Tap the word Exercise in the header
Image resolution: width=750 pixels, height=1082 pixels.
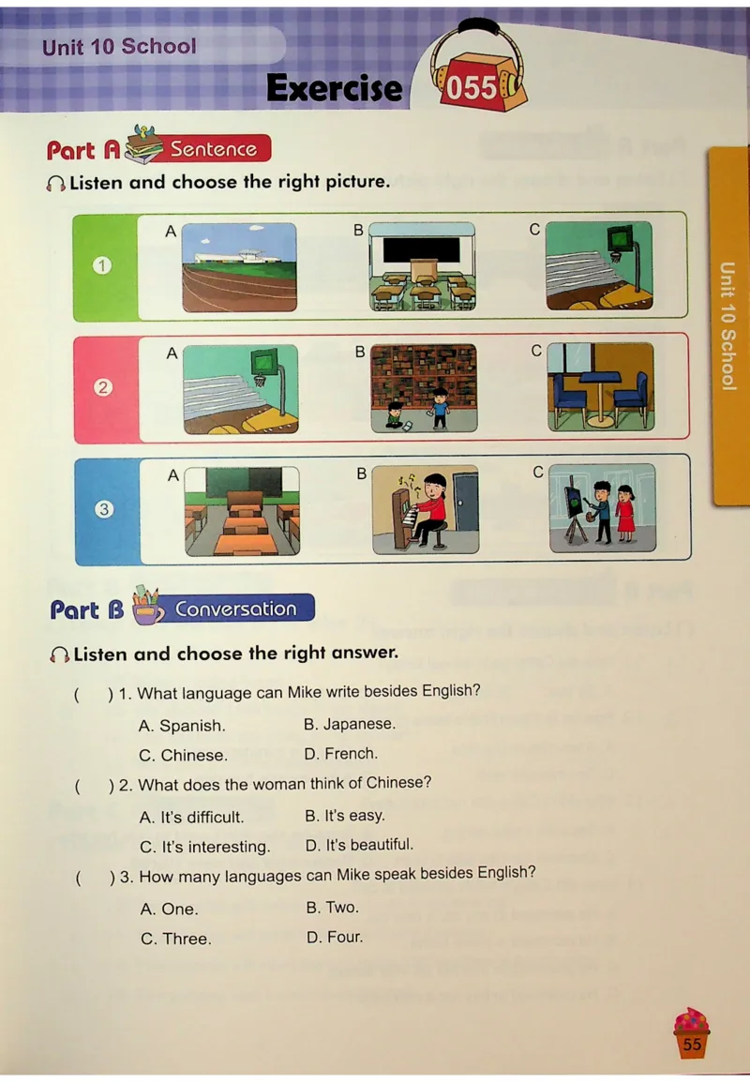tap(335, 88)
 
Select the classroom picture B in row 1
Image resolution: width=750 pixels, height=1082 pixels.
tap(422, 266)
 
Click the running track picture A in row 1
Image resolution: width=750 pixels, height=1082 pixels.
tap(239, 267)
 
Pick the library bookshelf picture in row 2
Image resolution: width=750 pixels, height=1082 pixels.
tap(424, 388)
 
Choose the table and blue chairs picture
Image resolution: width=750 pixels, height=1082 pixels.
tap(600, 387)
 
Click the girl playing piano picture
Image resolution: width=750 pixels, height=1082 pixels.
tap(426, 509)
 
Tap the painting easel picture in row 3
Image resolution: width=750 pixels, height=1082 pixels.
tap(603, 508)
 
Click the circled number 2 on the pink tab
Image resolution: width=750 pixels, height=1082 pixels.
tap(103, 387)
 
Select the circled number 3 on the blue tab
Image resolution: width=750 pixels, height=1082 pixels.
tap(104, 509)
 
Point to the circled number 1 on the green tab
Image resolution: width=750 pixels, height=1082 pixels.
tap(102, 265)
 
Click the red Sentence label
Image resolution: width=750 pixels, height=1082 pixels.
tap(214, 148)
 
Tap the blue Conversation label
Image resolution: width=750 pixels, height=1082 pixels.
tap(236, 609)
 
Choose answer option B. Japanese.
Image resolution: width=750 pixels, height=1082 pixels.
tap(350, 724)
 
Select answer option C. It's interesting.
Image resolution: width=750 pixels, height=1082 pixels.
tap(205, 847)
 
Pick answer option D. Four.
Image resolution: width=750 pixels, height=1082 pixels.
tap(335, 937)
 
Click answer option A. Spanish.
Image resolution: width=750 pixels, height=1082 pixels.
tap(182, 726)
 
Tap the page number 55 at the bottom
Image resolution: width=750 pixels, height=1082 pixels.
tap(692, 1044)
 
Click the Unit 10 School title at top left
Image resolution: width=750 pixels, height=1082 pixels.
tap(119, 46)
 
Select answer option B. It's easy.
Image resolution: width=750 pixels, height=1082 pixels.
tap(345, 816)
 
